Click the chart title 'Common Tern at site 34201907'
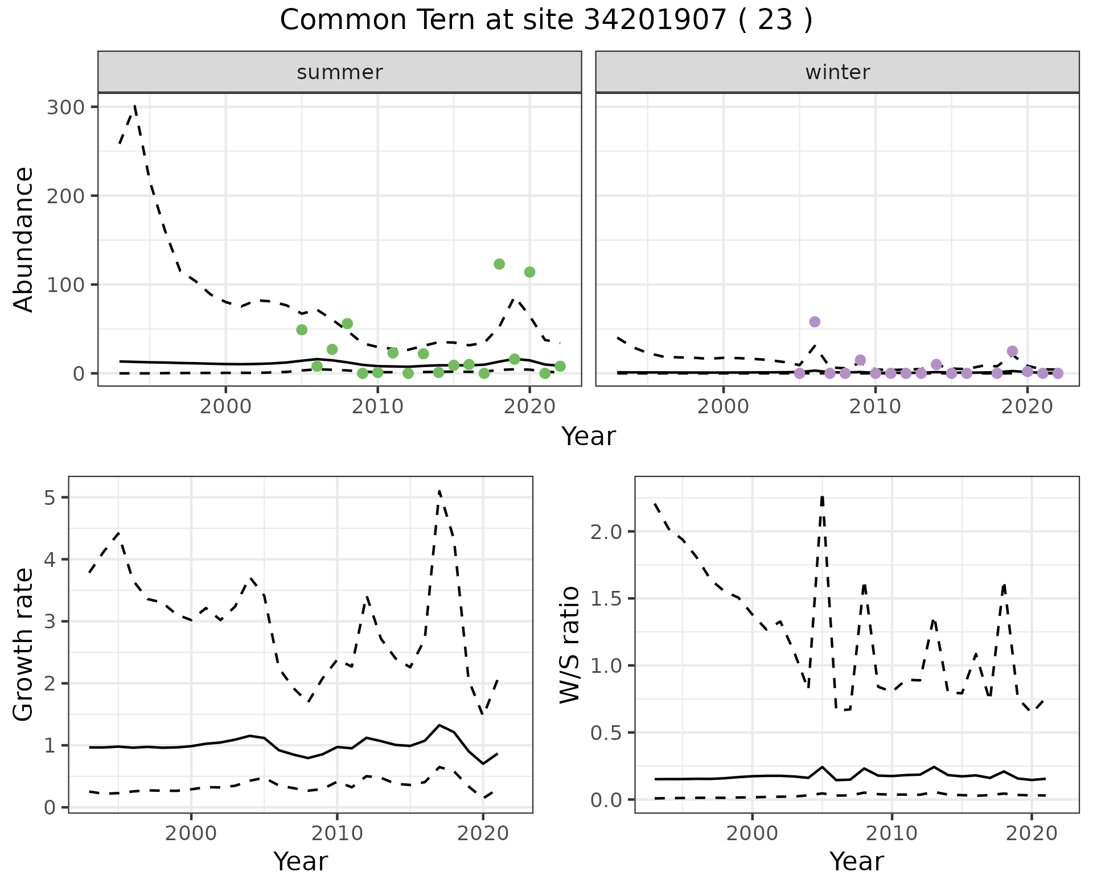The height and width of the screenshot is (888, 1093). coord(545,20)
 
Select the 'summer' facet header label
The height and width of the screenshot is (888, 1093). coord(339,72)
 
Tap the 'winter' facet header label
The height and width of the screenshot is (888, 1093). coord(837,72)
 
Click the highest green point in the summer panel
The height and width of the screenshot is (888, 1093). coord(499,264)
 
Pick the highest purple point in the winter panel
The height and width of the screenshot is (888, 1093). coord(815,322)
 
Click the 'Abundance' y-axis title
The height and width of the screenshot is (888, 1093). coord(24,240)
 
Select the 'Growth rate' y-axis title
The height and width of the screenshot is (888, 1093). coord(24,645)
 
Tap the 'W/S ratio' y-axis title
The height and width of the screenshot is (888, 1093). coord(569,645)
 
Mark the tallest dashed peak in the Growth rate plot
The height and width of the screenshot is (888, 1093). coord(439,491)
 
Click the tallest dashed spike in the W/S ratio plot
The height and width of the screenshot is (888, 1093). coord(822,496)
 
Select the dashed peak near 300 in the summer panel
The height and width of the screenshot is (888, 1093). coord(134,106)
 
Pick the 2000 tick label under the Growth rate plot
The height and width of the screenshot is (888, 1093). coord(191,833)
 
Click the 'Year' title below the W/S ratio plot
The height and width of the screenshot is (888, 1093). coord(856,861)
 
